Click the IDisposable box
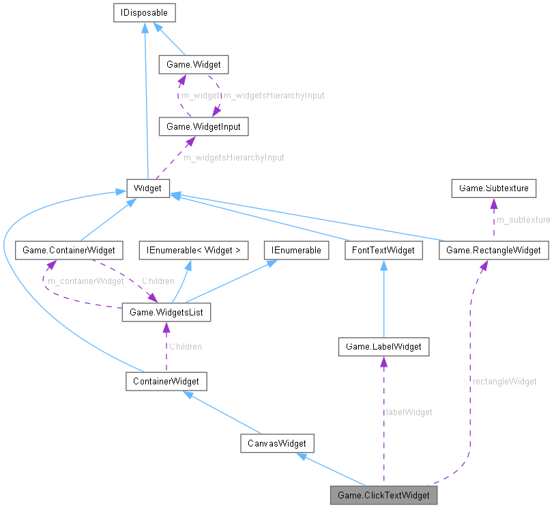144,12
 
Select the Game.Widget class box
193,66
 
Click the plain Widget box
148,187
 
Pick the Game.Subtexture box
493,187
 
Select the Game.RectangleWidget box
494,251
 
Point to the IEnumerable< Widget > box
189,251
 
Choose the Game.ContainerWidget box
69,251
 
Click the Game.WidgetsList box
166,313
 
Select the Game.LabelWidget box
383,347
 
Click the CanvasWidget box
277,444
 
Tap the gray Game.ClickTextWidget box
383,495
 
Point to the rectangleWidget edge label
504,382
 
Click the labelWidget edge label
409,412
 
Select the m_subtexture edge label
523,220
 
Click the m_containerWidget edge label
85,281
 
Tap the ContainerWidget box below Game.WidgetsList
166,381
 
